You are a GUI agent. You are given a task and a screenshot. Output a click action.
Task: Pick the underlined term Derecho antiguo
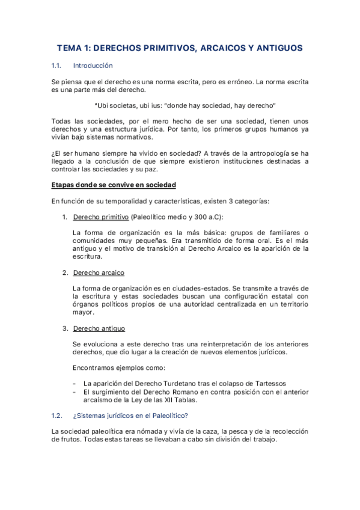tap(99, 328)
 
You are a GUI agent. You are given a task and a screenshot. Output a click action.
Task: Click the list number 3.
tap(65, 328)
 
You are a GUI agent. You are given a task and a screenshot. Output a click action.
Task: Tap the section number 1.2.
tap(58, 416)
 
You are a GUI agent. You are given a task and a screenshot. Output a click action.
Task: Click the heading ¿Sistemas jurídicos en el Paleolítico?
tap(129, 416)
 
